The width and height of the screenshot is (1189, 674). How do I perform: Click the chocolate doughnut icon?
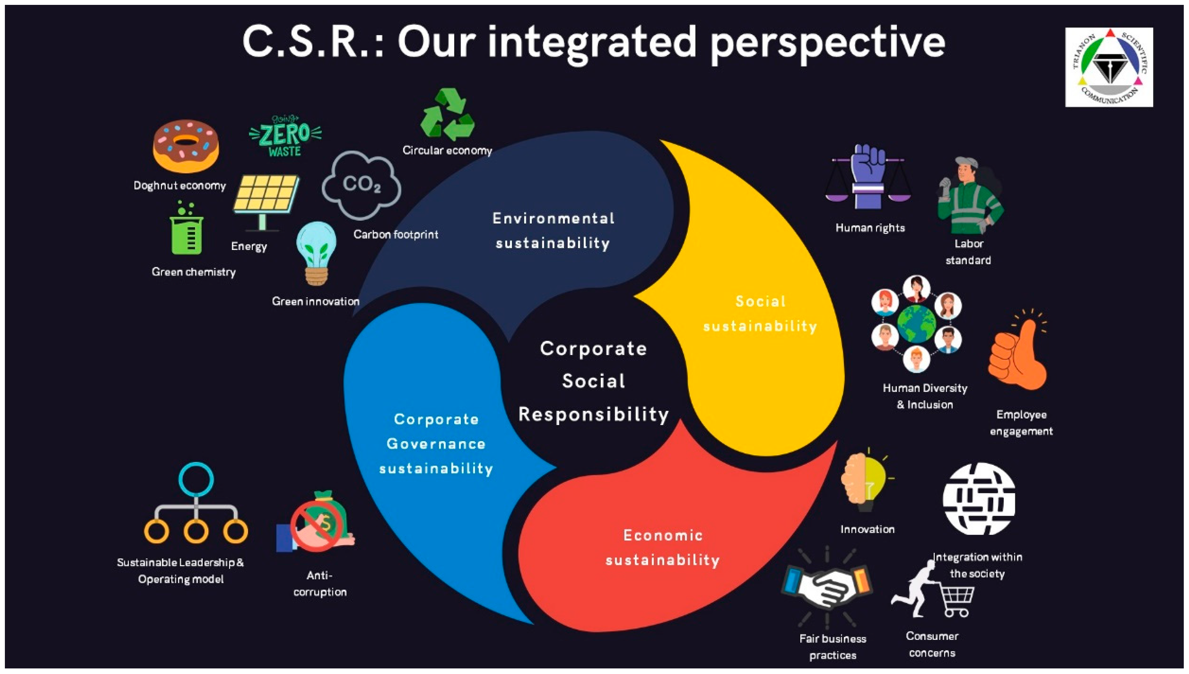click(186, 146)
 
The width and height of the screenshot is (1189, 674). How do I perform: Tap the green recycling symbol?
click(447, 115)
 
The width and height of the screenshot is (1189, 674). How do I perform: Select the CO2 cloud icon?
click(362, 185)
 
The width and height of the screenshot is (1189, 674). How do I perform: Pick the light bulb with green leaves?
click(317, 252)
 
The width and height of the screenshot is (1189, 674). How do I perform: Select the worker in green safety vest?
click(970, 197)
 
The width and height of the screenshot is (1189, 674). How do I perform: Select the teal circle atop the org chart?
click(196, 479)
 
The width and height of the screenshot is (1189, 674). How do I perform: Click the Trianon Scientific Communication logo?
click(1109, 67)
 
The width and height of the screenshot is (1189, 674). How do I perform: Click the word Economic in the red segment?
click(663, 535)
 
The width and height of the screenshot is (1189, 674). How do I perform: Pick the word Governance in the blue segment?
click(436, 444)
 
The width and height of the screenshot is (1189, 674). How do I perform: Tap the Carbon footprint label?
click(396, 235)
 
